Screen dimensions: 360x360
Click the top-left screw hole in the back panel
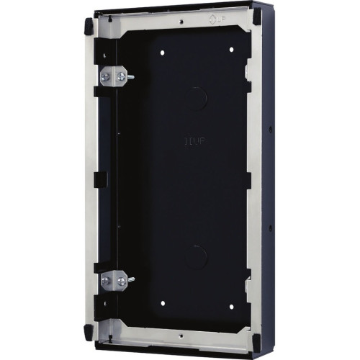(164, 52)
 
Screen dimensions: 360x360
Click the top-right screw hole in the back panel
(232, 50)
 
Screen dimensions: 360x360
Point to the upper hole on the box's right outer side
(270, 130)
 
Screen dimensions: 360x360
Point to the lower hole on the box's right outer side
(271, 229)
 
